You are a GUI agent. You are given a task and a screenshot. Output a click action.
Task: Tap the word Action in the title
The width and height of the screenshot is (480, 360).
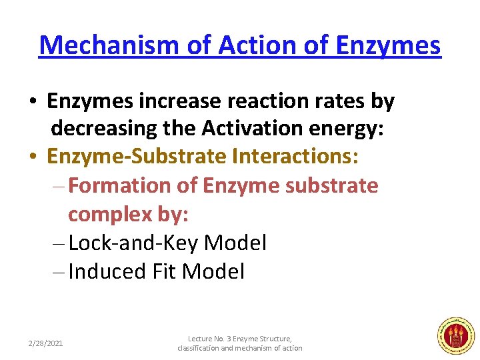[247, 45]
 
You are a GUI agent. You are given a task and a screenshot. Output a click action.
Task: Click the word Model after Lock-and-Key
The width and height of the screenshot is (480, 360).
[235, 243]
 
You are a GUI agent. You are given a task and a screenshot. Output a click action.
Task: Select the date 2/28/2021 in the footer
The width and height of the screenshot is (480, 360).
[45, 343]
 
